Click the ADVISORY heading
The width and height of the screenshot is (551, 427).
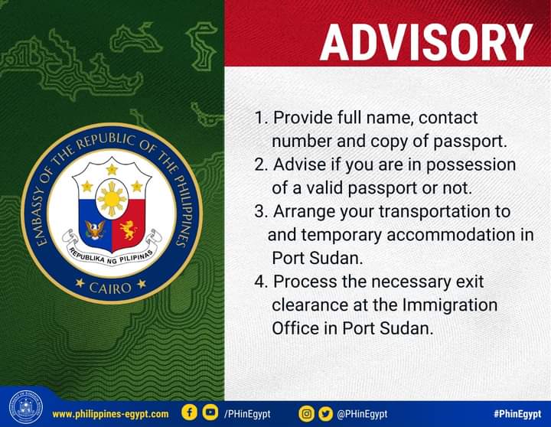426,43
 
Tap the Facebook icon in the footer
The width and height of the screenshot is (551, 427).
189,412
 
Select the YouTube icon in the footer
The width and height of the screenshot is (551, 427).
210,412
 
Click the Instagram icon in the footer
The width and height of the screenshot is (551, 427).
306,414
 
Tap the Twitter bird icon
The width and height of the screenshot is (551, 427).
326,414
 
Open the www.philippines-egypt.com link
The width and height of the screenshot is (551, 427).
110,414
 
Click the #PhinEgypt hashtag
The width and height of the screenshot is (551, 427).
517,414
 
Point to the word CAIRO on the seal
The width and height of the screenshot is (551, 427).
110,288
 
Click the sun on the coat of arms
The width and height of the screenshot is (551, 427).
112,199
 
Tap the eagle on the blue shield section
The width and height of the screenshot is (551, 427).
95,230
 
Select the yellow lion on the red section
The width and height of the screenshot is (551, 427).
129,230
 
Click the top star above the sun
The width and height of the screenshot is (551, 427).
112,170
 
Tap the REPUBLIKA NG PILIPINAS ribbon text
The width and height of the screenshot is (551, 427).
112,256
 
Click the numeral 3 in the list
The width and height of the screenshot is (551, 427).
259,211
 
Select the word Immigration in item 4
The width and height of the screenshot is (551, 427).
450,306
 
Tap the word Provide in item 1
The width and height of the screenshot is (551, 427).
297,118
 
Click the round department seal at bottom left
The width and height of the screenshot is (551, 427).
26,407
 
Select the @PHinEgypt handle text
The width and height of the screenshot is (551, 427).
362,414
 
